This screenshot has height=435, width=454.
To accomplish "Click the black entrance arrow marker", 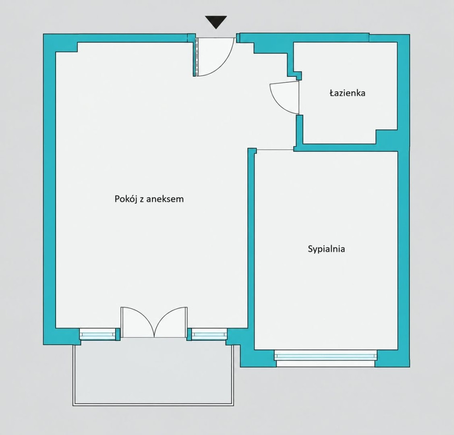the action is pos(216,22).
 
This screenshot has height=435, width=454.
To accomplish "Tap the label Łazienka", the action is pos(348,93).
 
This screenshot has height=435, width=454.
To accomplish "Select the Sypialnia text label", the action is pos(326,249).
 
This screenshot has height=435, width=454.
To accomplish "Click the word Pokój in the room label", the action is pos(126,199).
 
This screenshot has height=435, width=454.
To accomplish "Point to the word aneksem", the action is pos(165,199).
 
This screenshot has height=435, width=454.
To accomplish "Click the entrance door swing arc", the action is pos(224,64).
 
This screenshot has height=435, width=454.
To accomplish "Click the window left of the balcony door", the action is pos(97,334).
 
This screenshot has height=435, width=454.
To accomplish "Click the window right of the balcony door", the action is pos(209,334).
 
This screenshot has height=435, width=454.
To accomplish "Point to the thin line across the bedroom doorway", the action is pos(275,150).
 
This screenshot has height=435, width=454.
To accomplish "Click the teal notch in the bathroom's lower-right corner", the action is pos(386,137).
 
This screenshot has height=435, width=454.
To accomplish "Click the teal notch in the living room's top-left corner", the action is pos(66,47).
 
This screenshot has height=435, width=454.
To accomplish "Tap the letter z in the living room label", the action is pos(142,200).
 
